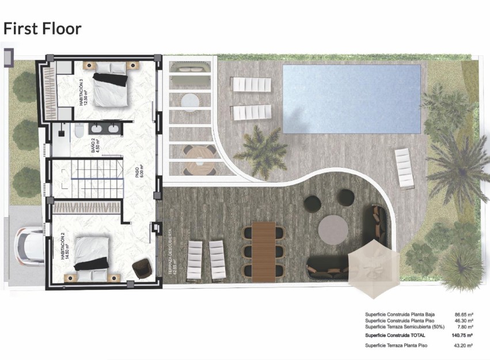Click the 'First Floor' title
point(43,28)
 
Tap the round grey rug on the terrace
point(333,229)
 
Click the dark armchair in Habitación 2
point(141,268)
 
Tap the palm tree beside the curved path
point(260,151)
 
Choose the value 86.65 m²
point(464,315)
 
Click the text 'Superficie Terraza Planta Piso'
point(398,345)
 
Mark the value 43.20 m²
point(464,345)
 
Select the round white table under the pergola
point(190,101)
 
